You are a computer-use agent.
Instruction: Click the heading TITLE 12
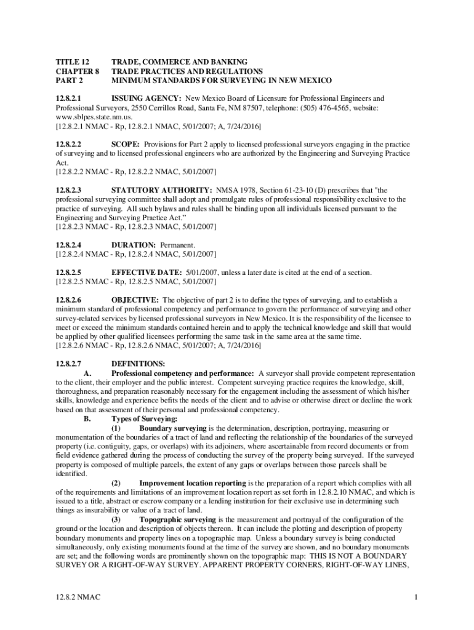coord(73,62)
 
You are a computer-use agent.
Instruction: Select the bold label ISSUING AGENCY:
coord(146,98)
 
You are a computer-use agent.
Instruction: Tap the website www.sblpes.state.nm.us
coord(94,117)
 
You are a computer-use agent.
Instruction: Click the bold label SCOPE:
coord(126,144)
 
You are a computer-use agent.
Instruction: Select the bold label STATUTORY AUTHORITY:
coord(161,190)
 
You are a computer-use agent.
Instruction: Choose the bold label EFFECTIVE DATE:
coord(146,273)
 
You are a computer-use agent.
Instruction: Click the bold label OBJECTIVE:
coord(135,300)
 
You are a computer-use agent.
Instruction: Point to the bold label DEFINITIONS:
coord(137,364)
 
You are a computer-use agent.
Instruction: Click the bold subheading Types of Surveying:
coord(142,419)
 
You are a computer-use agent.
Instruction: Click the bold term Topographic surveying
coord(177,520)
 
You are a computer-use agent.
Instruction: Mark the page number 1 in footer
coord(416,597)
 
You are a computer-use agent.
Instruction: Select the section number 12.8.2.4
coord(69,245)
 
